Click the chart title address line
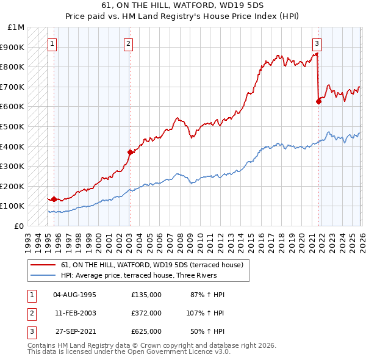[183, 5]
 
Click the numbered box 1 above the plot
[53, 43]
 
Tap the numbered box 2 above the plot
[129, 43]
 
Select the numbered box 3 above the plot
[317, 43]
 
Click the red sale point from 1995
[54, 199]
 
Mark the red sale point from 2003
[130, 152]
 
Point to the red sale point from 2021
[318, 102]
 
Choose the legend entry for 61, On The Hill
[152, 265]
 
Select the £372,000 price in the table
[146, 313]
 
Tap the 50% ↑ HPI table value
[206, 331]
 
